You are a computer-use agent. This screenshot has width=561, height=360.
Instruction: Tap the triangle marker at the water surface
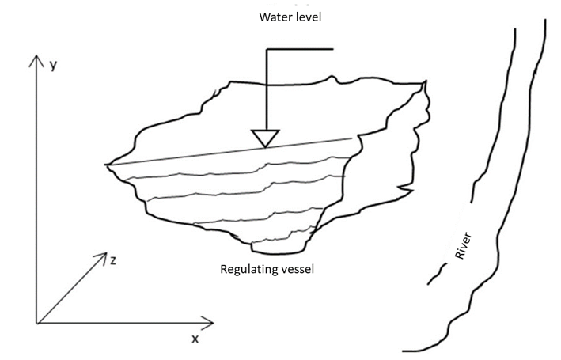pos(264,138)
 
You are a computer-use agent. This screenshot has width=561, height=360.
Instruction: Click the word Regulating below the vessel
pos(248,270)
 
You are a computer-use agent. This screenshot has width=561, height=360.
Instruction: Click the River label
pos(464,248)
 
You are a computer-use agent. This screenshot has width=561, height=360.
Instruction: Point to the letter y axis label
pos(53,66)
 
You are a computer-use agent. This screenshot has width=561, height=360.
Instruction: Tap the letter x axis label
pos(195,339)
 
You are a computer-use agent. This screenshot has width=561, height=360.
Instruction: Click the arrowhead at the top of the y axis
pos(36,60)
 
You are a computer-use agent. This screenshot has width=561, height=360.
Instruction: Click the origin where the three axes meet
pos(37,322)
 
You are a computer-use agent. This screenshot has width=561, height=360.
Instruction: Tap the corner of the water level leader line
pos(266,50)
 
